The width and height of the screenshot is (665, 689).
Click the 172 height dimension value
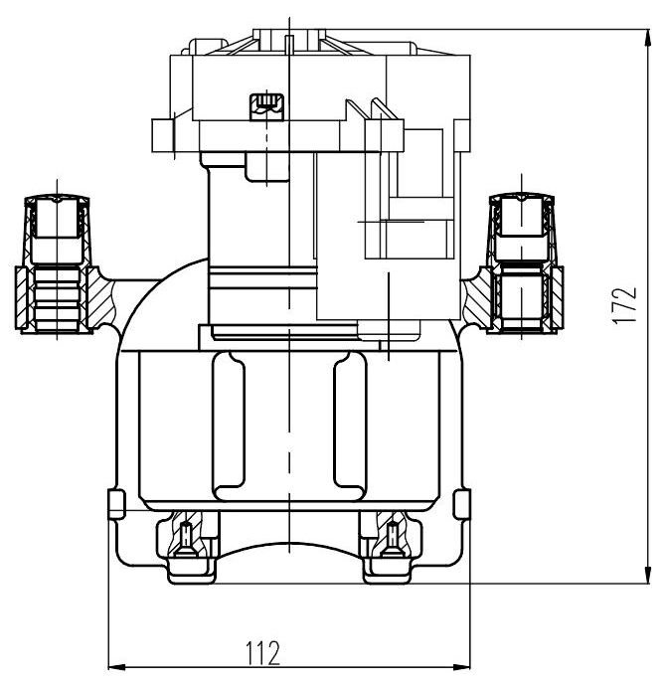click(x=624, y=305)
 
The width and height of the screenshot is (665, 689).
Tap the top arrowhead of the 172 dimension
click(x=647, y=38)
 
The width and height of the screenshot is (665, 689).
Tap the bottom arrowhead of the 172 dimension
click(x=647, y=576)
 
